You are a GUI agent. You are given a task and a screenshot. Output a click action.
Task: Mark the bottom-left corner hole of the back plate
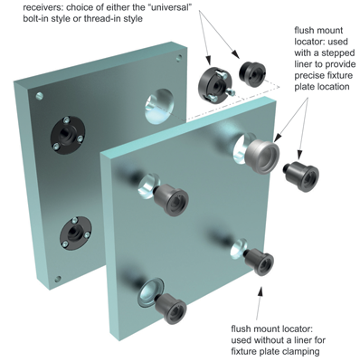pyautogui.click(x=57, y=280)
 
